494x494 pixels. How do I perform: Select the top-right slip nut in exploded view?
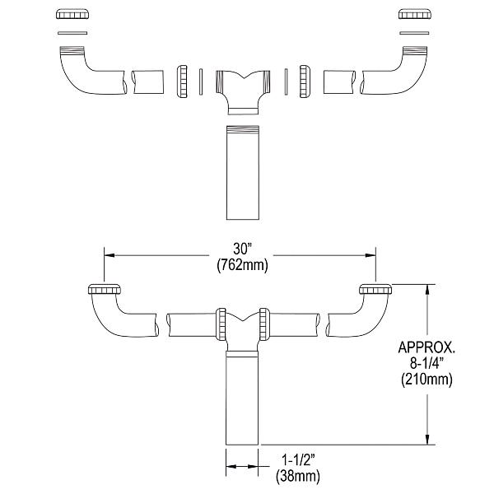tap(411, 15)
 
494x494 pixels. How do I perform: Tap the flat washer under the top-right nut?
tap(411, 33)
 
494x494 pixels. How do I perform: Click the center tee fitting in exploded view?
tap(242, 88)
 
